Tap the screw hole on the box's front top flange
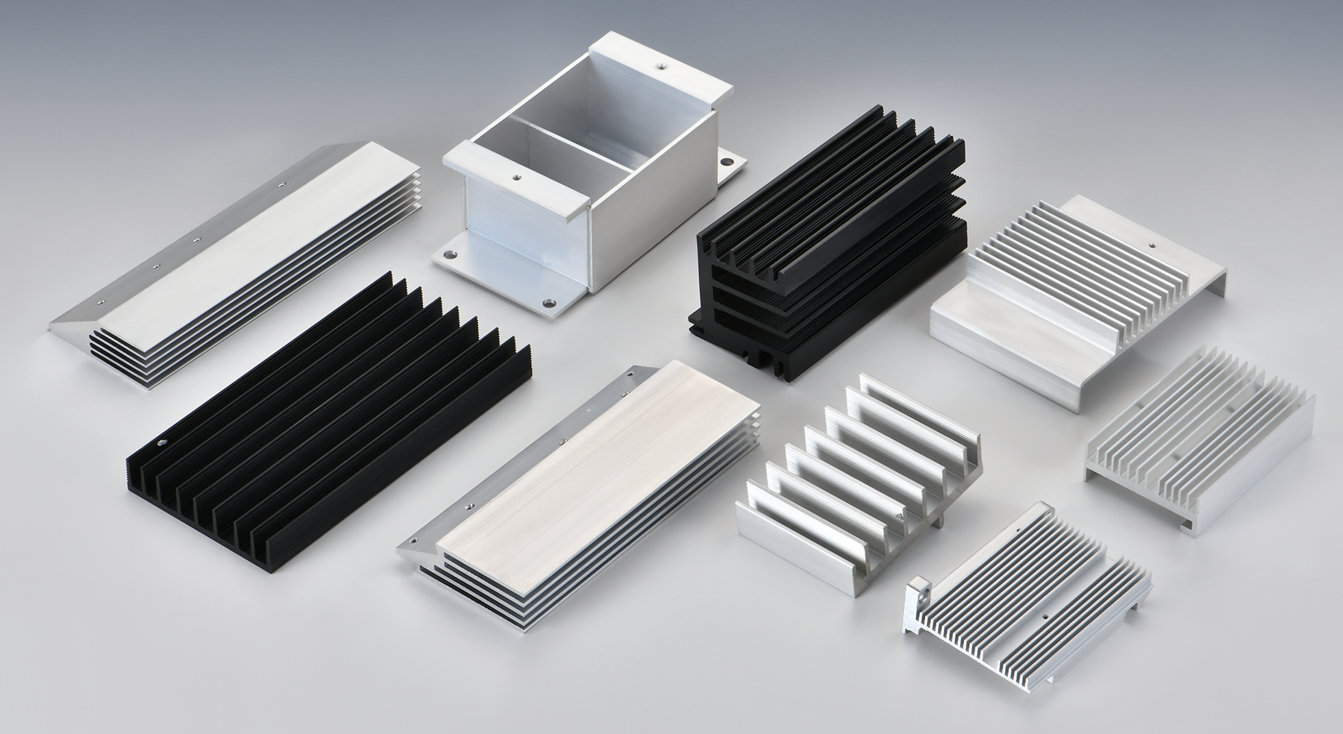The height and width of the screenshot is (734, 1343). [515, 178]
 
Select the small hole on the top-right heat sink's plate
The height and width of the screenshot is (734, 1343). [1150, 243]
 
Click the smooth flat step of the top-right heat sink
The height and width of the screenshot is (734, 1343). [992, 313]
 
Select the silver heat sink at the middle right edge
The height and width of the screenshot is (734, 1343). [1194, 440]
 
